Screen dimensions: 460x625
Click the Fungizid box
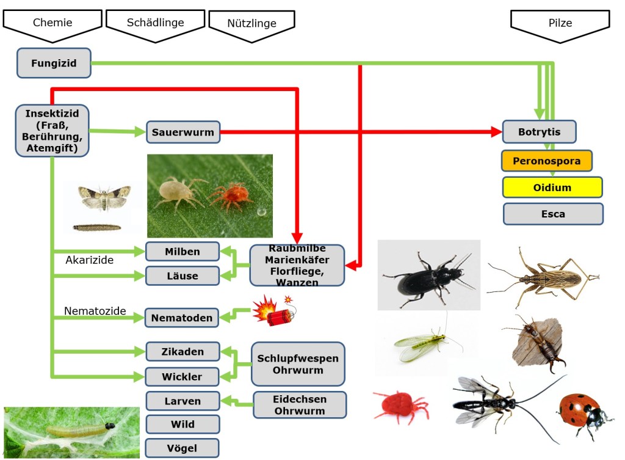[54, 63]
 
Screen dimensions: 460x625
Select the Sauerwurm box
[183, 131]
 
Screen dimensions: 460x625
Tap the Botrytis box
[539, 132]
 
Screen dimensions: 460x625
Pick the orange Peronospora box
[546, 161]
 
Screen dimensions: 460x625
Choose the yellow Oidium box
[552, 188]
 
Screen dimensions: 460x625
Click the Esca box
[553, 214]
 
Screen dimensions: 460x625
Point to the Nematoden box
[182, 318]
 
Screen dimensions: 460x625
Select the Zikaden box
[182, 352]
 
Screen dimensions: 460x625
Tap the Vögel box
[182, 447]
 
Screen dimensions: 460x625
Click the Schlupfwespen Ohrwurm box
[298, 364]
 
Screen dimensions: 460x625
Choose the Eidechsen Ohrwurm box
[300, 404]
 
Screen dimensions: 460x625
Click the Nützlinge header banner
[251, 24]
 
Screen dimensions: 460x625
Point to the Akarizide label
[90, 260]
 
